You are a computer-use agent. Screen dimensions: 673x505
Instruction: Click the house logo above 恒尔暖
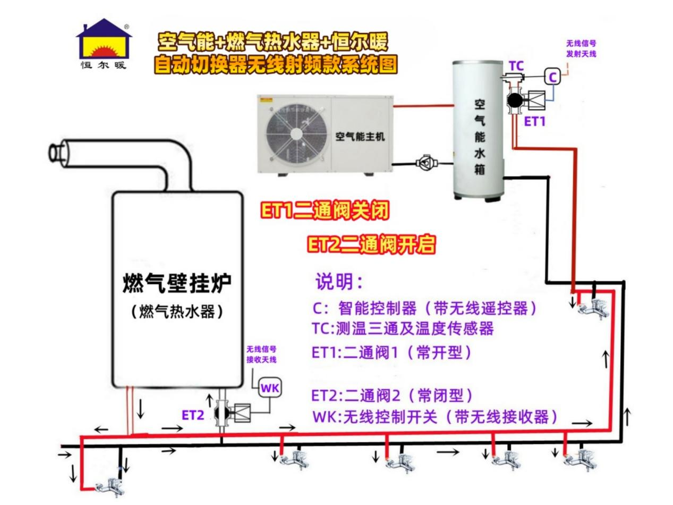[104, 39]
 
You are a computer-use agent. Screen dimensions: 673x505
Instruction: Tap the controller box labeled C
[552, 77]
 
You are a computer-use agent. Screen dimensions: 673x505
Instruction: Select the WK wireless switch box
[270, 388]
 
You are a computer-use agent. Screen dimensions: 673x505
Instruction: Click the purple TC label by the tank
[517, 66]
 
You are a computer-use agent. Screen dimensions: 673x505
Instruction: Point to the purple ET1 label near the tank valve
[535, 122]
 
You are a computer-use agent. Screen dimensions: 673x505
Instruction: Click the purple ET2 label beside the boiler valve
[192, 415]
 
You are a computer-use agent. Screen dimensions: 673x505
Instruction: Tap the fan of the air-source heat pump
[296, 133]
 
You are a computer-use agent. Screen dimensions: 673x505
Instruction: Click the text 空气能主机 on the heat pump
[360, 136]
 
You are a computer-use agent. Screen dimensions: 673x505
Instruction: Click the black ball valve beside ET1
[515, 100]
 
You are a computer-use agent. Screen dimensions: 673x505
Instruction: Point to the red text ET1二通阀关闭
[325, 211]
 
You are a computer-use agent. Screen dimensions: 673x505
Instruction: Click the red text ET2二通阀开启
[371, 244]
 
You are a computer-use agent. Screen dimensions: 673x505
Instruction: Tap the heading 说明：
[339, 281]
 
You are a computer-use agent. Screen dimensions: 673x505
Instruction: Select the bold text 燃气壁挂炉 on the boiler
[177, 283]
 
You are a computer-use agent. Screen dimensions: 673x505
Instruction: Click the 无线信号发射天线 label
[581, 49]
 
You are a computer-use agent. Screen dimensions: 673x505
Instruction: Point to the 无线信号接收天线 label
[261, 355]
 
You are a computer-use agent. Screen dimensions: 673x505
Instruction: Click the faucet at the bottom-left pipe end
[110, 487]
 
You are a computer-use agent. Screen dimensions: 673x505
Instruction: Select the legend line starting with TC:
[403, 329]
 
